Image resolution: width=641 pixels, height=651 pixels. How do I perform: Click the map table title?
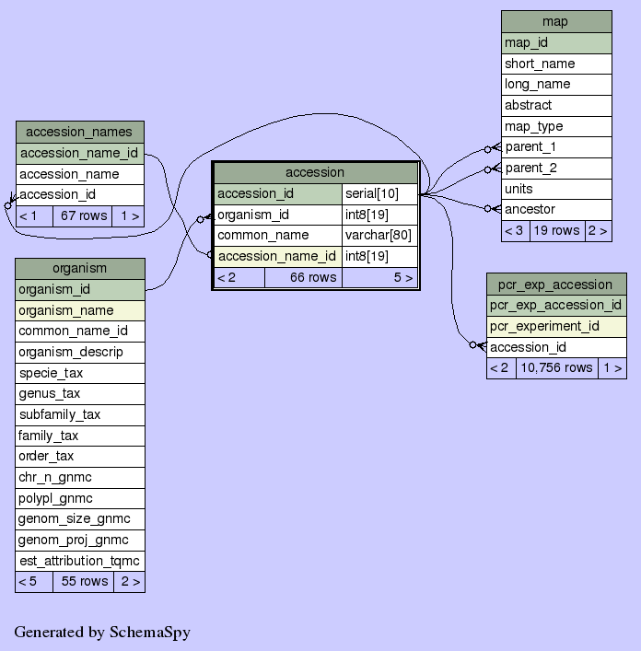[555, 21]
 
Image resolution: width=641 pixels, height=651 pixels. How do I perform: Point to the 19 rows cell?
[556, 230]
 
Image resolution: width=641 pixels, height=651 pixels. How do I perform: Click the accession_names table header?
[79, 132]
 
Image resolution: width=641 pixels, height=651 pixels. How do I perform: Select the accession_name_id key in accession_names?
[79, 153]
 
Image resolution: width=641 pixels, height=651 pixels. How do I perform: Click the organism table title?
[79, 268]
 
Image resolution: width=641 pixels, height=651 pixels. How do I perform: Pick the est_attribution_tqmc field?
[79, 561]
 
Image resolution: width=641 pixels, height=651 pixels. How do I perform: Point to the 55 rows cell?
[84, 581]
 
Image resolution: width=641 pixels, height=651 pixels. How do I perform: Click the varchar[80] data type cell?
[378, 235]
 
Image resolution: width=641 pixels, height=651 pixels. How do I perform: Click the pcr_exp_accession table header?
[555, 284]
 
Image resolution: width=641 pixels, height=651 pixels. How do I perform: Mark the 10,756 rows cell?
[555, 367]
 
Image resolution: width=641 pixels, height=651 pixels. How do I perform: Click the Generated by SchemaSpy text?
[101, 632]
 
